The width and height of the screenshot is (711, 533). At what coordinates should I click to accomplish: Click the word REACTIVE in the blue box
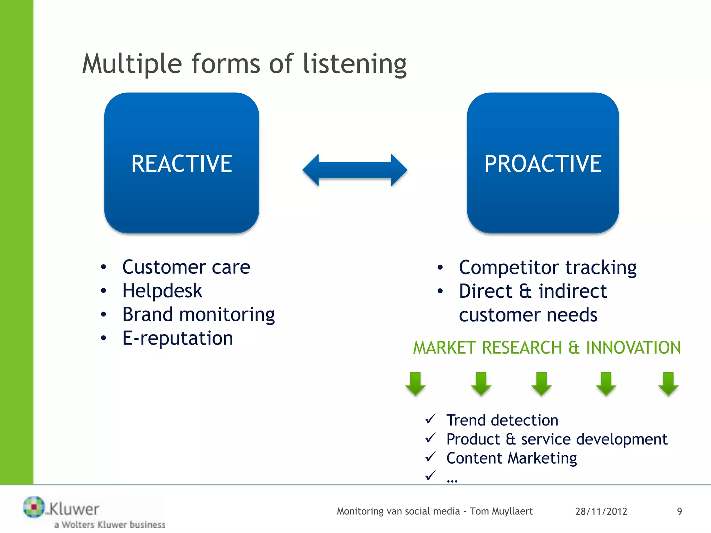coord(182,163)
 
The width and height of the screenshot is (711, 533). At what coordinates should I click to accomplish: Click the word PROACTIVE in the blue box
coord(543,163)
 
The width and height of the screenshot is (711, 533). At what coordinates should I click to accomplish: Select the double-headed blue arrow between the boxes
coord(355,170)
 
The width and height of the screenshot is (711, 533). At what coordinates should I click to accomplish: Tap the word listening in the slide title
coord(354,64)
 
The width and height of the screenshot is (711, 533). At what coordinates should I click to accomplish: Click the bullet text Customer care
coord(186,267)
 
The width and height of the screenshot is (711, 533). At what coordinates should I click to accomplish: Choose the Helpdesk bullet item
coord(162,291)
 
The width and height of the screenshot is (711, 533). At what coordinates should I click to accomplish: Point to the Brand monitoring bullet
coord(198,314)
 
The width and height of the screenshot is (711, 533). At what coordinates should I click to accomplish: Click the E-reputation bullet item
coord(177,338)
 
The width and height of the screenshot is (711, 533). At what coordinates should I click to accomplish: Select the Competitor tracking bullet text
coord(547,268)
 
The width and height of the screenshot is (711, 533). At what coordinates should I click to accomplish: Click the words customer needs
coord(528,315)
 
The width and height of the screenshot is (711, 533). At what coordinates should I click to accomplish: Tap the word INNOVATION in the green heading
coord(633,348)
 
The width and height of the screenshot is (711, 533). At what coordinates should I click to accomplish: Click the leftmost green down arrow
coord(415,383)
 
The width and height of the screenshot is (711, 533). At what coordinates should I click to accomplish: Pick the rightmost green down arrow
coord(668,383)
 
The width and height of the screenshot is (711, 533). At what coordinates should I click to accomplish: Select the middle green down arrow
coord(542,383)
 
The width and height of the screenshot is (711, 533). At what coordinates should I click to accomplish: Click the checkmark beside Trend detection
coord(430,419)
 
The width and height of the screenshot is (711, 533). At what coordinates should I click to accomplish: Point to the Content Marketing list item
coord(511,458)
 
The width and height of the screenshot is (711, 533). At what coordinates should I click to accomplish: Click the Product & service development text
coord(557,439)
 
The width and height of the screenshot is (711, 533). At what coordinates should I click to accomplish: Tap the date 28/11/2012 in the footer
coord(601,511)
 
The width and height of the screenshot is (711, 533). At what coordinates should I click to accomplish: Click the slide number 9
coord(679,511)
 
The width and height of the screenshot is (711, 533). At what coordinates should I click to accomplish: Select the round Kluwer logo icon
coord(34,507)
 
